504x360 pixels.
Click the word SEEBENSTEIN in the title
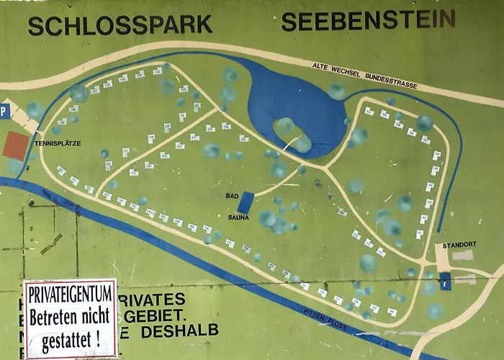click(368, 21)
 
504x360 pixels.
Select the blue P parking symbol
click(4, 112)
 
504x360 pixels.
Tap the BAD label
click(232, 195)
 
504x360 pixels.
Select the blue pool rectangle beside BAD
click(246, 202)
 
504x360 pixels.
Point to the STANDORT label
click(459, 244)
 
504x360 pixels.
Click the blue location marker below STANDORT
click(445, 280)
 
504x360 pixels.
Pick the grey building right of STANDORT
click(463, 255)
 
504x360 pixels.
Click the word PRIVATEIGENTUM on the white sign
click(70, 293)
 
